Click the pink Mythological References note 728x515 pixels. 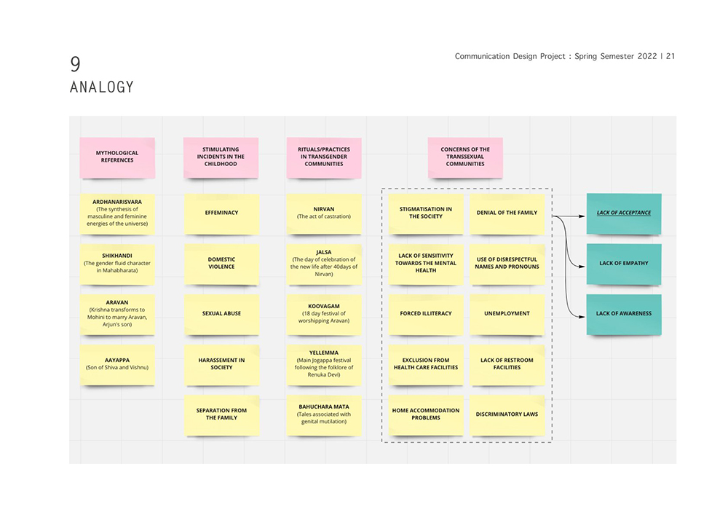117,157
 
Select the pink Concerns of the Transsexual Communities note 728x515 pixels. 465,157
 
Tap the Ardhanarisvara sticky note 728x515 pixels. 117,213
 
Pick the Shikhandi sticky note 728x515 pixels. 117,264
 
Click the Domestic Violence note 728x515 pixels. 221,264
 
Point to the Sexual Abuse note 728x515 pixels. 221,315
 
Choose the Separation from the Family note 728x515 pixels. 221,415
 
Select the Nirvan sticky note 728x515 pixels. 324,213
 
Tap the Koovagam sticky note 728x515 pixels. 324,315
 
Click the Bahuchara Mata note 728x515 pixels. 324,415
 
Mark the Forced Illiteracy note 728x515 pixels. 426,315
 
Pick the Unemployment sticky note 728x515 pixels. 507,315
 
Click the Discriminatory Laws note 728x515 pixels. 507,415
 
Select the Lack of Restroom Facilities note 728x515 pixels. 507,365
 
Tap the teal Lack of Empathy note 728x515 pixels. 624,264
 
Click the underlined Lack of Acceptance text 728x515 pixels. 624,213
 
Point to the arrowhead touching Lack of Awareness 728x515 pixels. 582,317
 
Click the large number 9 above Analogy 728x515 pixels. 75,63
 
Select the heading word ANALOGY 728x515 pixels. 102,87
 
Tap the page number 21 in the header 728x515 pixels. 670,56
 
